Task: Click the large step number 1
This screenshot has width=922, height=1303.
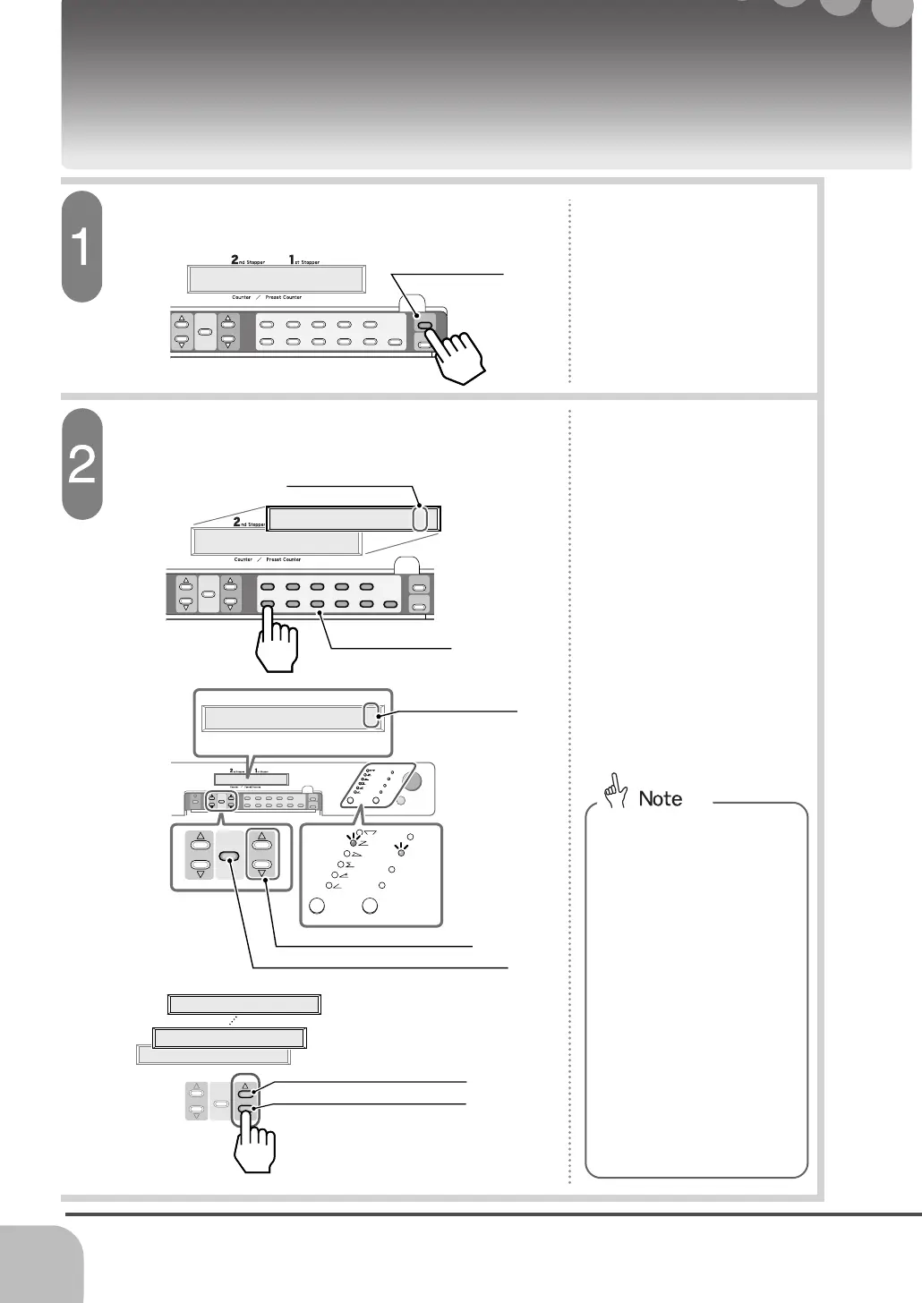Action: click(x=81, y=247)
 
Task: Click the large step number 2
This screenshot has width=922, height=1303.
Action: click(x=81, y=464)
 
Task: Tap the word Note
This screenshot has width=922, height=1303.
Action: click(x=661, y=798)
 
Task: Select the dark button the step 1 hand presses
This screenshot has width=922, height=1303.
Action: click(x=425, y=327)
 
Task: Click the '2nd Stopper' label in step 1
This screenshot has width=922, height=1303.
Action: click(x=248, y=261)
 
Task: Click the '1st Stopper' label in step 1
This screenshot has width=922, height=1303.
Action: click(x=304, y=261)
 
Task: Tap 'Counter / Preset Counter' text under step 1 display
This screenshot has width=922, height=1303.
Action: click(x=267, y=297)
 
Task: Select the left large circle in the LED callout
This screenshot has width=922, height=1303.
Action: click(x=316, y=906)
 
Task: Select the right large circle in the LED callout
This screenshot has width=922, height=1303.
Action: click(x=370, y=906)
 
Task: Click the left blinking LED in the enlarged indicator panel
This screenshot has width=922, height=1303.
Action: click(x=354, y=843)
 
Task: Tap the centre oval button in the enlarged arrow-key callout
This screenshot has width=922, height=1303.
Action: click(x=231, y=854)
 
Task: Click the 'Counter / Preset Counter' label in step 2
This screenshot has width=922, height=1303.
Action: click(x=267, y=559)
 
